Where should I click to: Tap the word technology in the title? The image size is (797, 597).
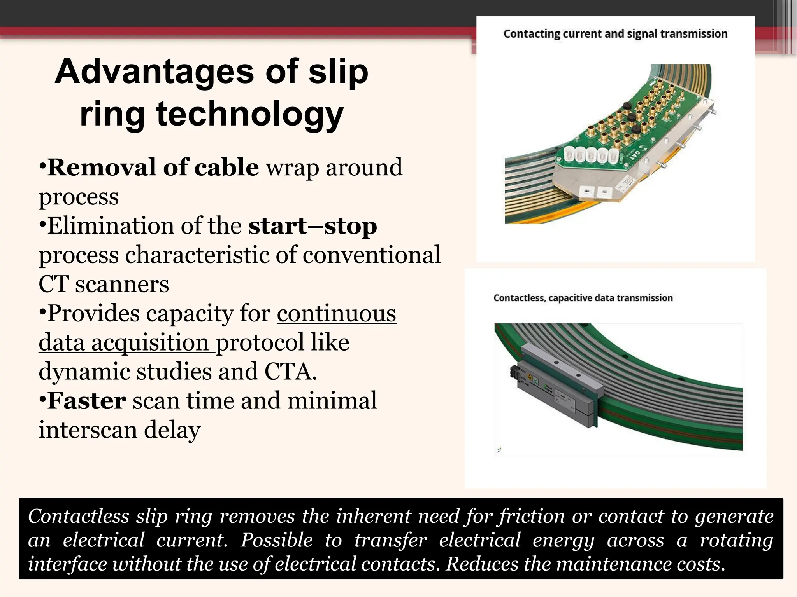(250, 114)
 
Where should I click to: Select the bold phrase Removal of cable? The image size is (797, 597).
(153, 168)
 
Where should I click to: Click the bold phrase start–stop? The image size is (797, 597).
(312, 226)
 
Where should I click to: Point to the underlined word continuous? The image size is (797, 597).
(336, 313)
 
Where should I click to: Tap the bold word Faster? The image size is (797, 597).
(86, 401)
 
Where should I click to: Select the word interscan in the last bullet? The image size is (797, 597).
(88, 430)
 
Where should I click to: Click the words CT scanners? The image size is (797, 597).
(104, 284)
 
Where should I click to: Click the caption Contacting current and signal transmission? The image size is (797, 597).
(615, 34)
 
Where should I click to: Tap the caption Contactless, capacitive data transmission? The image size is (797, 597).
(583, 298)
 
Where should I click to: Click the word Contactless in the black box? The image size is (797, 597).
(78, 517)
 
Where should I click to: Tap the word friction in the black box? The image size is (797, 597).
(532, 517)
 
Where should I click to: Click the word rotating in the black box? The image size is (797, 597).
(736, 540)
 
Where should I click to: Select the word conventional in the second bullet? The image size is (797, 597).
(371, 255)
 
